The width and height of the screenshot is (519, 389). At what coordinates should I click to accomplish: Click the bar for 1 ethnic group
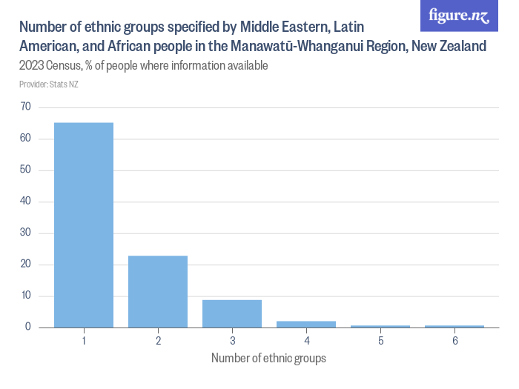pyautogui.click(x=84, y=225)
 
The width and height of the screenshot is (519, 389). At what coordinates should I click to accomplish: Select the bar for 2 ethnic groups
pyautogui.click(x=158, y=291)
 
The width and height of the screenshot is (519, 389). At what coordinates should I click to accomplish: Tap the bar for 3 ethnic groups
pyautogui.click(x=232, y=313)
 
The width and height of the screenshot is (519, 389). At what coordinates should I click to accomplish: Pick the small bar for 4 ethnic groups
pyautogui.click(x=306, y=324)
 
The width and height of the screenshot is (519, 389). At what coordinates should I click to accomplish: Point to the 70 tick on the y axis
pyautogui.click(x=25, y=107)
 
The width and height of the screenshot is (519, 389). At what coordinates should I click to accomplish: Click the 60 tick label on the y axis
pyautogui.click(x=25, y=139)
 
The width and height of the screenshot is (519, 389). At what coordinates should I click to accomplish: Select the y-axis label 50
pyautogui.click(x=25, y=170)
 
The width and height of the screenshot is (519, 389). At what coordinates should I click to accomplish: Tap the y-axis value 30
pyautogui.click(x=25, y=233)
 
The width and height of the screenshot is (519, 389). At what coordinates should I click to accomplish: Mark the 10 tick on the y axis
pyautogui.click(x=25, y=296)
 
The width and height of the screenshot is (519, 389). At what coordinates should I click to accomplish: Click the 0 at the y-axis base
pyautogui.click(x=27, y=328)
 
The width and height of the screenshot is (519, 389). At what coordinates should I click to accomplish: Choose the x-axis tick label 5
pyautogui.click(x=380, y=341)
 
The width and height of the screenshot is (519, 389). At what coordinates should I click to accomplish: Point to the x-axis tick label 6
pyautogui.click(x=454, y=341)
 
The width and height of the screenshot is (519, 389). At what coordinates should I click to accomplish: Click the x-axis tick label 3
pyautogui.click(x=232, y=341)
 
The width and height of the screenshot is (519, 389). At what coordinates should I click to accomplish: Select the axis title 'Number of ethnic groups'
pyautogui.click(x=268, y=358)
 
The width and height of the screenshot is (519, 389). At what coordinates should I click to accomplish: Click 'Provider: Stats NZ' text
pyautogui.click(x=49, y=84)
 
